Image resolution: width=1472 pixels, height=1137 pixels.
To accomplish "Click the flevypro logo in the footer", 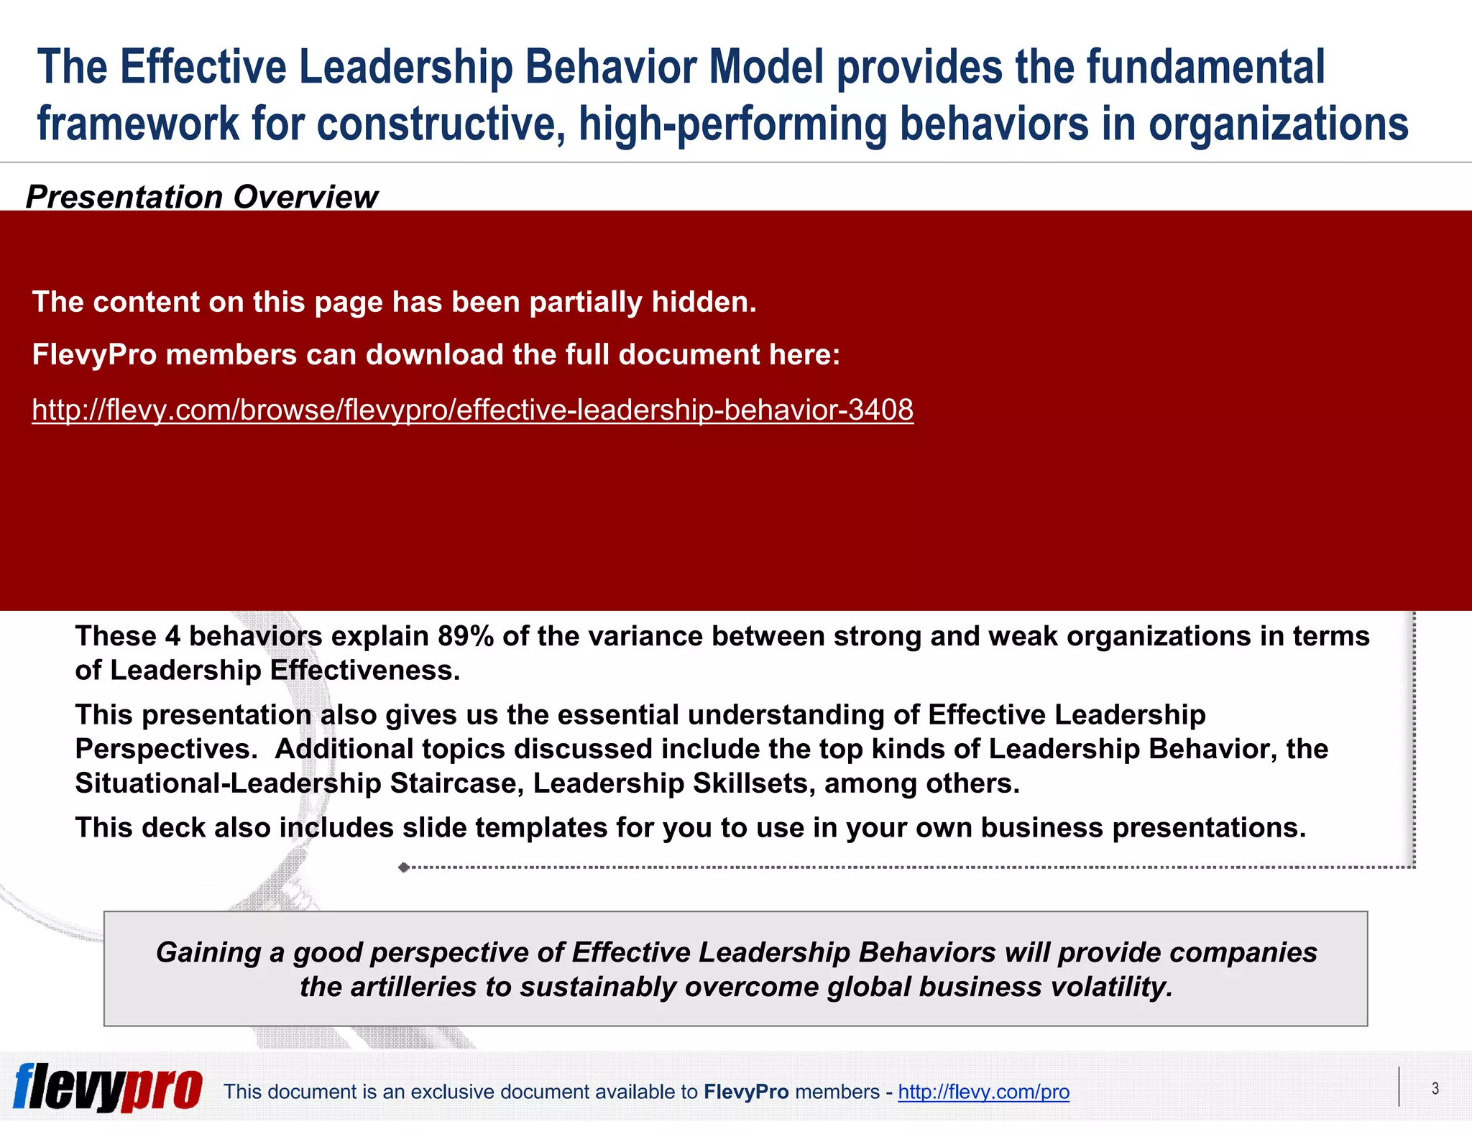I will pos(108,1088).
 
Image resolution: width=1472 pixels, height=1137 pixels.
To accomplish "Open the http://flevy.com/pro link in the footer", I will pos(983,1092).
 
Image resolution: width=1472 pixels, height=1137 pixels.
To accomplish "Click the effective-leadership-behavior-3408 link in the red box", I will pos(472,410).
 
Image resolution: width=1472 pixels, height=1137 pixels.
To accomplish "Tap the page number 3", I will pos(1435,1088).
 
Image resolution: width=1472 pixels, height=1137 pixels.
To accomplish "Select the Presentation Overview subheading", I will pos(201,197).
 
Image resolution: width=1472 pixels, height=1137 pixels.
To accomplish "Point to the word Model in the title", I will pos(765,67).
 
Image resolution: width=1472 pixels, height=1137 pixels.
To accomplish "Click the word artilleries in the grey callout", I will pos(413,988).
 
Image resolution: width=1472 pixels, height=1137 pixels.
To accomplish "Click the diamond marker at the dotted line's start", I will pos(404,867).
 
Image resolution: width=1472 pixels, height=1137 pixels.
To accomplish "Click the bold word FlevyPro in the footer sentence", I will pos(746,1092).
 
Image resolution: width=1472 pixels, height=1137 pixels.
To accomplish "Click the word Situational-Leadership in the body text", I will pos(228,783).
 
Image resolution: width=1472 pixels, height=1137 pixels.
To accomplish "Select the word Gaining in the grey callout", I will pos(208,953).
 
